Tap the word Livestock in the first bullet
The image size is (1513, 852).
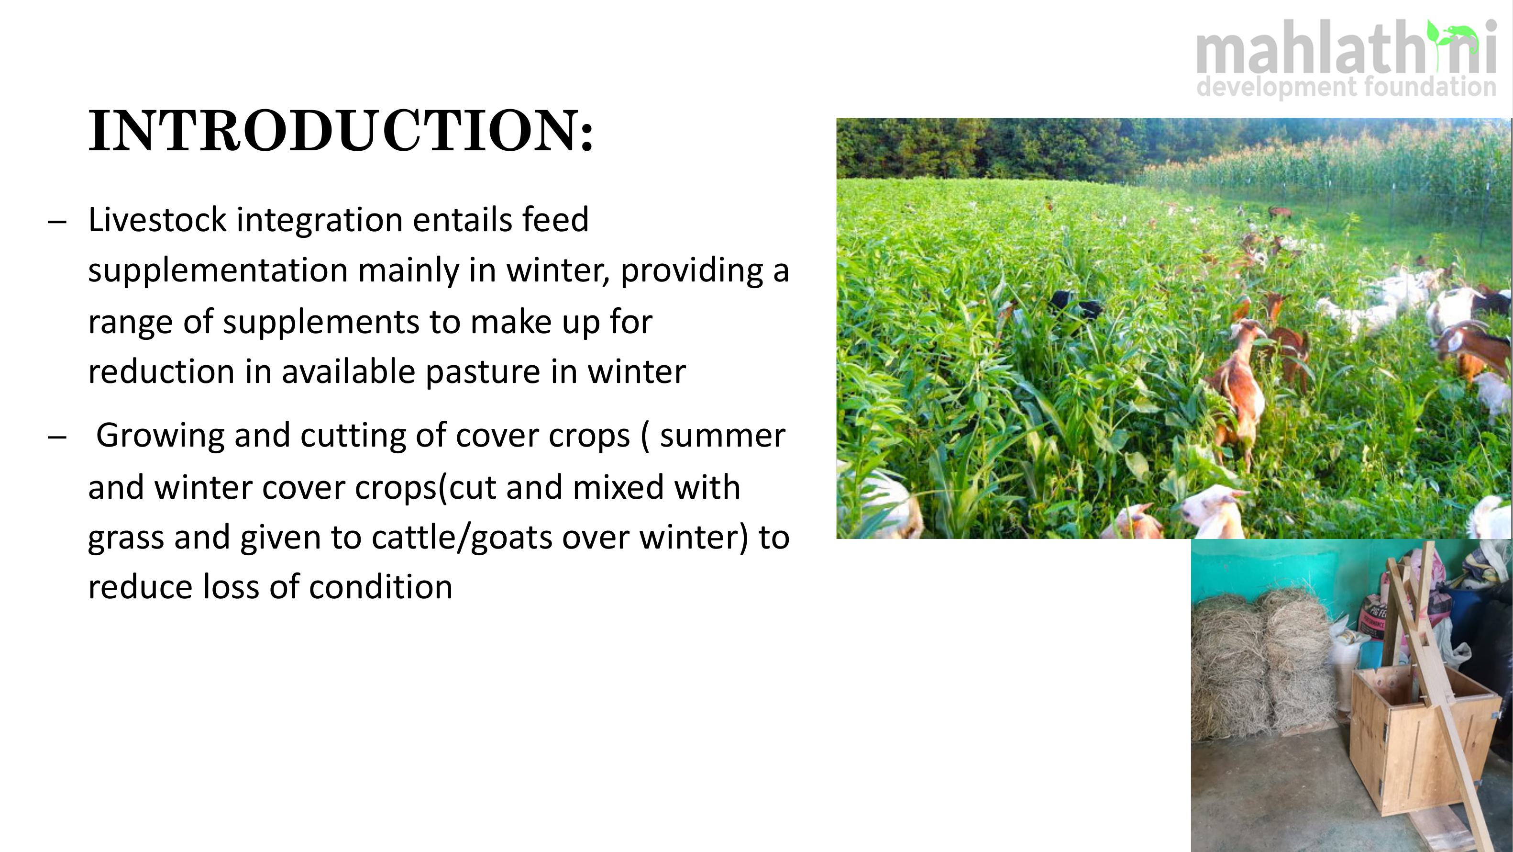(x=157, y=219)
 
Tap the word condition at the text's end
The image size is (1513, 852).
(x=381, y=588)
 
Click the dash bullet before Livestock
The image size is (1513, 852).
(x=57, y=222)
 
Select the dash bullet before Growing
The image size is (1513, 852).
(x=57, y=438)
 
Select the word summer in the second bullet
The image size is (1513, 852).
(x=722, y=436)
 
